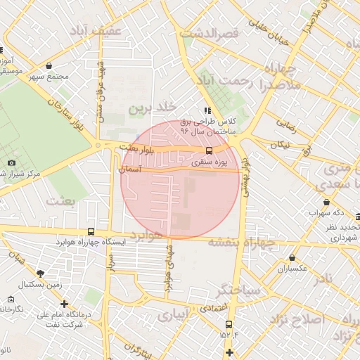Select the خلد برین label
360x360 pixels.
(150, 109)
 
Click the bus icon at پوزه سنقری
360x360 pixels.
(208, 150)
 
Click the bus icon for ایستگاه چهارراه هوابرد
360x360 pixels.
(91, 231)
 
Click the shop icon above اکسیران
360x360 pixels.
(292, 258)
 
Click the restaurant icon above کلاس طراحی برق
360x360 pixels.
(207, 110)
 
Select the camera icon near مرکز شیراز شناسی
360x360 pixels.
(11, 163)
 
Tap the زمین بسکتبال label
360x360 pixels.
(40, 284)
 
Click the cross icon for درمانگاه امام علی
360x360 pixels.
(65, 304)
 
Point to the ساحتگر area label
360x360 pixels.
(239, 289)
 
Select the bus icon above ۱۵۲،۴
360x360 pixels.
(229, 324)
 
